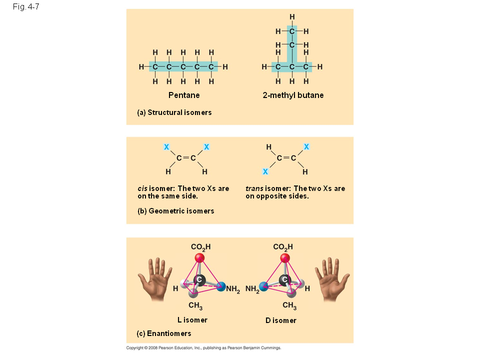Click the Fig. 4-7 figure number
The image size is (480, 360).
[x=26, y=6]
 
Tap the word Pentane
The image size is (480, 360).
[x=184, y=95]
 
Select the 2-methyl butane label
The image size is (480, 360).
[x=293, y=95]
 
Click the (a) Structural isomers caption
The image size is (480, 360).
[x=174, y=112]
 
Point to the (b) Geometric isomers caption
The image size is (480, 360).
[x=175, y=211]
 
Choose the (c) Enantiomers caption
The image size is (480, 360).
[x=164, y=333]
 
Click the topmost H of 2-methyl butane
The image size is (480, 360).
[x=292, y=17]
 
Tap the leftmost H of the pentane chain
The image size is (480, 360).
[x=141, y=66]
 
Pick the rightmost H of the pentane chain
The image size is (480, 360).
[x=225, y=66]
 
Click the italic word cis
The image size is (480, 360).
[x=142, y=188]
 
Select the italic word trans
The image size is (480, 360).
[x=254, y=188]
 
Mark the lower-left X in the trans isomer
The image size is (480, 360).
[x=265, y=171]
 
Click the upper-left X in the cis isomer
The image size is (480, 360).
[x=166, y=147]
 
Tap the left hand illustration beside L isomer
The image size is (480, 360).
[x=155, y=279]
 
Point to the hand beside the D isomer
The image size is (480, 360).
[x=332, y=279]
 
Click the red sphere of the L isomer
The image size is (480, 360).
[x=199, y=258]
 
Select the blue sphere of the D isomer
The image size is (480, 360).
[x=263, y=286]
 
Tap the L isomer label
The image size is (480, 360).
[x=192, y=320]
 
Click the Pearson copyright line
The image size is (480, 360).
[x=203, y=348]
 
